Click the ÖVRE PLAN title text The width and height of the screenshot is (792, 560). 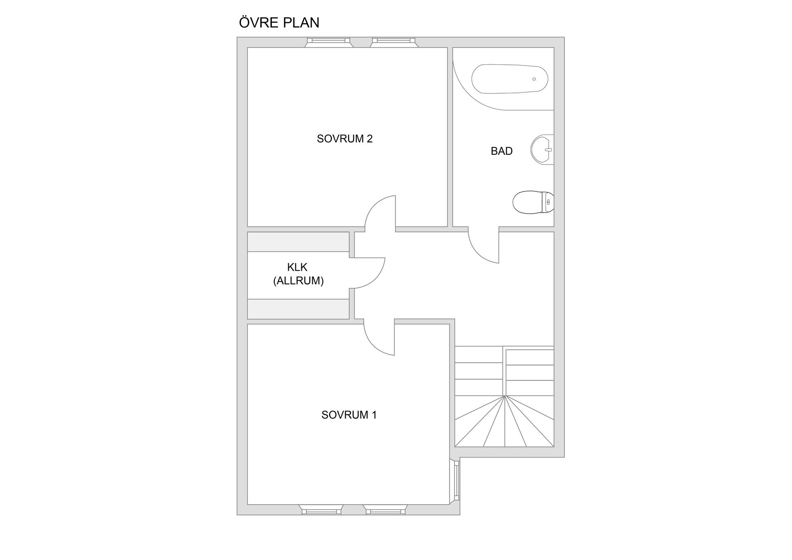point(279,22)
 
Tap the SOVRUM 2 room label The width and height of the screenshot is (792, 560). point(344,139)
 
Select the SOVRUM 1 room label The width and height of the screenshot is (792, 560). point(349,415)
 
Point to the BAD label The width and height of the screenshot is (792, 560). point(502,151)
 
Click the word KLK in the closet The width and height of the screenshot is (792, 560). point(297,267)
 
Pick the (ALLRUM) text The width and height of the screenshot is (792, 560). point(298,281)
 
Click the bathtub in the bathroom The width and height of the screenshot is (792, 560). point(509,79)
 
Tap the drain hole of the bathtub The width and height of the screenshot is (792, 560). point(534,79)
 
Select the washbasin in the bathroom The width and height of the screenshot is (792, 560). point(542,149)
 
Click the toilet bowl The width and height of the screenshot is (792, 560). point(527,202)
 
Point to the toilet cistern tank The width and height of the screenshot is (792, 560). point(548,202)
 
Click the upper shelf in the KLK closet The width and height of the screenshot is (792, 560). point(298,242)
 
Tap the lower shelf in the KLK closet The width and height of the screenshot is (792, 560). point(298,309)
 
